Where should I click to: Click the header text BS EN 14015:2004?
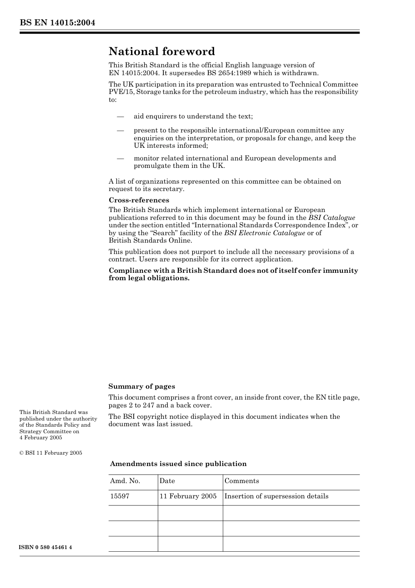(57, 23)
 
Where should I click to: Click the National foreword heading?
(162, 52)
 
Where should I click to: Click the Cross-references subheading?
(138, 200)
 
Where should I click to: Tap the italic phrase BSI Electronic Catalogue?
(264, 233)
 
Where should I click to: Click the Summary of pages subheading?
(142, 386)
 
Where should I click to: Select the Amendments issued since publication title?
(178, 464)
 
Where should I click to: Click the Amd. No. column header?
(125, 481)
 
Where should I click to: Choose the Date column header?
(167, 481)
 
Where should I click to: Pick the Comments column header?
(242, 481)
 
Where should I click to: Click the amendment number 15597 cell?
(120, 496)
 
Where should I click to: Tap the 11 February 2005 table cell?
(188, 496)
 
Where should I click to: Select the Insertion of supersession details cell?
(276, 496)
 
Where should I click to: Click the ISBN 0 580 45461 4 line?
(45, 547)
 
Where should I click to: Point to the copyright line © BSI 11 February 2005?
(51, 453)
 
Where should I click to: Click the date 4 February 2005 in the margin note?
(41, 438)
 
